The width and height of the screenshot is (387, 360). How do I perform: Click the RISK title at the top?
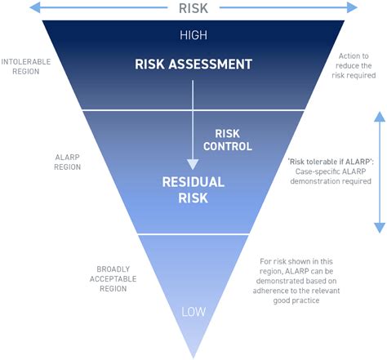pos(193,8)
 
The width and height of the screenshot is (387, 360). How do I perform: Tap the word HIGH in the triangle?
pos(193,35)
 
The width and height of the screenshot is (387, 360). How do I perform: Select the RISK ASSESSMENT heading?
pos(193,64)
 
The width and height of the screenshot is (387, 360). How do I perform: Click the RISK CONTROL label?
pos(228,140)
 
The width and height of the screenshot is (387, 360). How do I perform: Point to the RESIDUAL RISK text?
pos(193,190)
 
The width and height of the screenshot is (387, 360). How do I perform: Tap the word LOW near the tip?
pos(193,312)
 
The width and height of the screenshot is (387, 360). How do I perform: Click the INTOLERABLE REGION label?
pos(26,66)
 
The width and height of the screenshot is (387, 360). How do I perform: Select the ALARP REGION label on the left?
pos(68,162)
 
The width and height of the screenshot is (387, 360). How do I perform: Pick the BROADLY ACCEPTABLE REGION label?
pos(113,278)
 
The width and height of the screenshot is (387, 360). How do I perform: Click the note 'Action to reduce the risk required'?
pos(354,65)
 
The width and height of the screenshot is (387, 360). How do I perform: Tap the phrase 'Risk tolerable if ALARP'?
pos(331,162)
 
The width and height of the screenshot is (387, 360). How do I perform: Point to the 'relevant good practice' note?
pos(296,281)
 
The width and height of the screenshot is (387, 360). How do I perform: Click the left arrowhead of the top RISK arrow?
pos(35,7)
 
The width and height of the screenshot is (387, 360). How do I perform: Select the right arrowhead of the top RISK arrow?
pos(352,7)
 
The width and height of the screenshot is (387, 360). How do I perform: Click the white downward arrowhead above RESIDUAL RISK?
pos(193,165)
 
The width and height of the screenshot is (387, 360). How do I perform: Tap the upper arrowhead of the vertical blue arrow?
pos(380,116)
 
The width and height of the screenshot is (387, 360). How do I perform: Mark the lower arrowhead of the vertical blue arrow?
pos(380,228)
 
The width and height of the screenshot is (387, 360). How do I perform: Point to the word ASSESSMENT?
pos(211,64)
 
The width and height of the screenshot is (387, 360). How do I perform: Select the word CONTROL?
pos(228,146)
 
